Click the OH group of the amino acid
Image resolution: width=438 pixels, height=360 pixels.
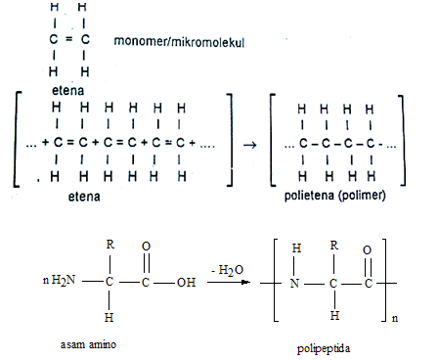pos(185,283)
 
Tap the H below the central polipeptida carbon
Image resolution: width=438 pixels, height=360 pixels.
pos(332,316)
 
